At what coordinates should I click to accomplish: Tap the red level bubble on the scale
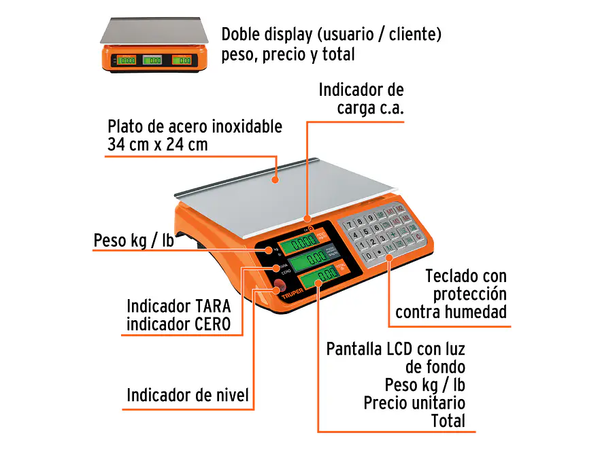279,285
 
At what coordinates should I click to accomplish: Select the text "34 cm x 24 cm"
158,144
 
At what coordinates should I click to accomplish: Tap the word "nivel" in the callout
230,395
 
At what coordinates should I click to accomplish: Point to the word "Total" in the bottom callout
448,421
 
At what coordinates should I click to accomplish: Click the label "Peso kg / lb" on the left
134,241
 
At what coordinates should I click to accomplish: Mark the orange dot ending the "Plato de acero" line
276,179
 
